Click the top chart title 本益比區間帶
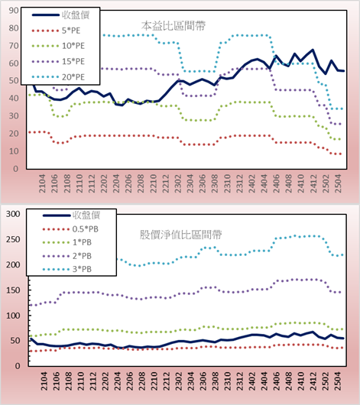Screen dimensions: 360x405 pos(174,26)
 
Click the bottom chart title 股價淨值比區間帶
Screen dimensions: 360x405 pos(180,235)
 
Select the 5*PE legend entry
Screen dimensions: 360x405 pos(56,31)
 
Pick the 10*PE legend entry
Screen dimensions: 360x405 pos(58,46)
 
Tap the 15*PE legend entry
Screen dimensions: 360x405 pos(58,61)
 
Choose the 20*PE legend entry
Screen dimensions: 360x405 pos(58,77)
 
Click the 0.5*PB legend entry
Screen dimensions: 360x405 pos(70,229)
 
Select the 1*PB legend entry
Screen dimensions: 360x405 pos(67,242)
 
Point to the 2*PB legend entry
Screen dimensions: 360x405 pos(67,256)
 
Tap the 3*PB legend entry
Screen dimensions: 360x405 pos(67,269)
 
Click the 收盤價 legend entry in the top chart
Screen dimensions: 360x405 pos(60,15)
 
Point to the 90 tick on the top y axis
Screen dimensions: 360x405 pos(14,11)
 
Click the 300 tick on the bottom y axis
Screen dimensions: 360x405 pos(13,214)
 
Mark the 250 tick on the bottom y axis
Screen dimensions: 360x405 pos(13,239)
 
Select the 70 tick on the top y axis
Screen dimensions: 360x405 pos(14,46)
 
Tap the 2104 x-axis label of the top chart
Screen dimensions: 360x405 pos(42,183)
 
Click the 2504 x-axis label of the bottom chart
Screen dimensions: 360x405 pos(338,381)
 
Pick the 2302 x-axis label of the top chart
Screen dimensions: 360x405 pos(178,183)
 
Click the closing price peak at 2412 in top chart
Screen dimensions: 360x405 pos(313,50)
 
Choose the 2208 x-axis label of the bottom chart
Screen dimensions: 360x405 pos(141,381)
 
